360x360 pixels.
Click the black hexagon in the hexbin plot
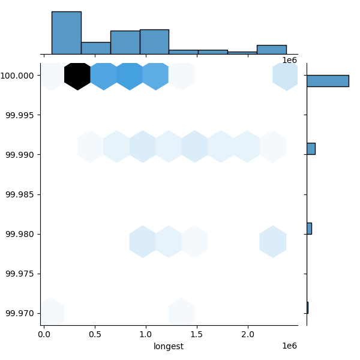(77, 76)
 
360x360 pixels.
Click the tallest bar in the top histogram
(67, 33)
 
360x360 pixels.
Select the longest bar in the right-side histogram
(328, 81)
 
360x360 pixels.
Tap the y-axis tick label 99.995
(20, 115)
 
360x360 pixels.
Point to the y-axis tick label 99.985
(20, 194)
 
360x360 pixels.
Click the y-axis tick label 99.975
(20, 274)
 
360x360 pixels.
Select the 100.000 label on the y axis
(18, 76)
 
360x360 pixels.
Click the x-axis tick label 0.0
(44, 334)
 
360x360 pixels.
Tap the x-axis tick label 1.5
(197, 334)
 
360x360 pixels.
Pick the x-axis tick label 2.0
(248, 334)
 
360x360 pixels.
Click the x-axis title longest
(169, 346)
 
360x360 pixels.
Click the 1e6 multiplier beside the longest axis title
(290, 346)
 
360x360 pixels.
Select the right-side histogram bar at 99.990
(311, 149)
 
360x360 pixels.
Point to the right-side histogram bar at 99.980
(310, 229)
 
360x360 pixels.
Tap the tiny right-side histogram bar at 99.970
(308, 308)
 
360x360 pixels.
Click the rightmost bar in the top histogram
(272, 50)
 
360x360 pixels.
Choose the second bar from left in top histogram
(96, 48)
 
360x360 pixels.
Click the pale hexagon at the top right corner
(285, 77)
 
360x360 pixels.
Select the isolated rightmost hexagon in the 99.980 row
(273, 242)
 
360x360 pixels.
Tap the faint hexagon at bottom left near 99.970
(52, 311)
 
